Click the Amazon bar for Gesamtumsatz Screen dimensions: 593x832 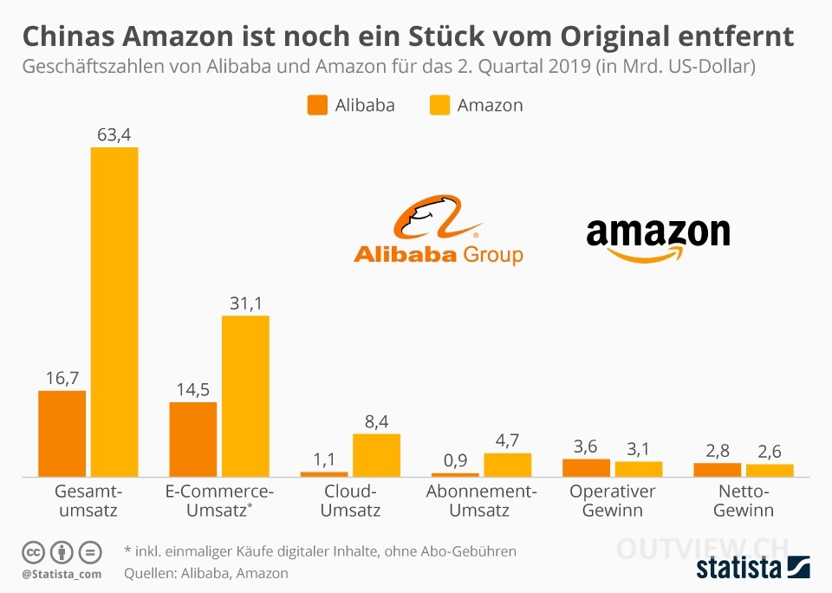pyautogui.click(x=114, y=312)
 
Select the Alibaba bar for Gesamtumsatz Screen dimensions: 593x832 pyautogui.click(x=62, y=433)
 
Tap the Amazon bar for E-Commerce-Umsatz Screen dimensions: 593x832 pyautogui.click(x=245, y=395)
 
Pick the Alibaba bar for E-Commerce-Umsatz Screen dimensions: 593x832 pyautogui.click(x=192, y=439)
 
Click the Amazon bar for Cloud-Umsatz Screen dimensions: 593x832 pyautogui.click(x=376, y=454)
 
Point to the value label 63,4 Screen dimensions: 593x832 pyautogui.click(x=114, y=134)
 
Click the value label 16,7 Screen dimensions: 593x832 pyautogui.click(x=62, y=377)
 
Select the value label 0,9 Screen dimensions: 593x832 pyautogui.click(x=455, y=459)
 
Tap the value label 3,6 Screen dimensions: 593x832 pyautogui.click(x=586, y=446)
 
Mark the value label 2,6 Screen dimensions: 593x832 pyautogui.click(x=770, y=451)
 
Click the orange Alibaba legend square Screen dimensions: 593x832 pyautogui.click(x=317, y=106)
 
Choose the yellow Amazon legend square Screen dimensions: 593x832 pyautogui.click(x=439, y=106)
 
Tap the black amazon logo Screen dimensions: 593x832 pyautogui.click(x=658, y=238)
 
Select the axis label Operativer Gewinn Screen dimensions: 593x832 pyautogui.click(x=613, y=501)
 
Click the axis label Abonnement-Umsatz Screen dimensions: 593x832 pyautogui.click(x=481, y=501)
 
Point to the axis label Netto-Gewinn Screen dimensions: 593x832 pyautogui.click(x=743, y=501)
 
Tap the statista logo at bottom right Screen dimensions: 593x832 pyautogui.click(x=752, y=568)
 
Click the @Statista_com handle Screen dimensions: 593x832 pyautogui.click(x=62, y=574)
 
